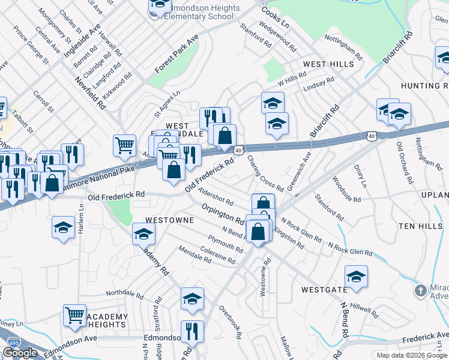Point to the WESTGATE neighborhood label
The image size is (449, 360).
pos(324,289)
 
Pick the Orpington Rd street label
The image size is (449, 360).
pos(223,214)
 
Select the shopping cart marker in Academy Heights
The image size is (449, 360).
pos(75,315)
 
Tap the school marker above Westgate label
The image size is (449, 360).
pos(356,277)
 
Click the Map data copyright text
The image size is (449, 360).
pos(412,355)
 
